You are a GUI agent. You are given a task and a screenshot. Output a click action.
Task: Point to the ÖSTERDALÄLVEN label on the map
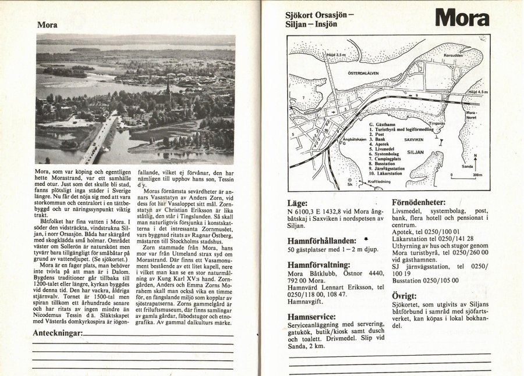point(363,74)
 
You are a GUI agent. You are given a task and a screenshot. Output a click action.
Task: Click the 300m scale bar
point(464,173)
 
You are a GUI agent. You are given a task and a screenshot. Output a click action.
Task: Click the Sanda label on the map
point(467,166)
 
